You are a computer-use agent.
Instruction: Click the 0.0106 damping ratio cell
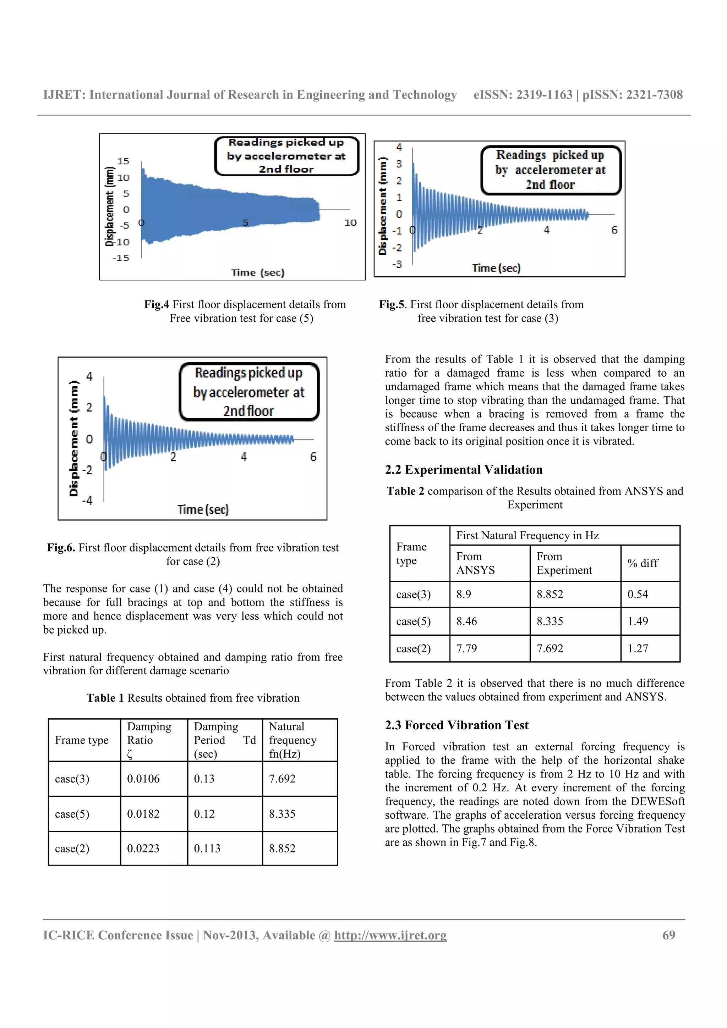point(143,779)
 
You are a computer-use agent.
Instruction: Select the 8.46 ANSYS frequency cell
point(466,621)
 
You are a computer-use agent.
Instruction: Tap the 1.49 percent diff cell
point(638,621)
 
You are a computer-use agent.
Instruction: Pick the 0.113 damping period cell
point(207,848)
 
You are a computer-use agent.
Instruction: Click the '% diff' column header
point(643,563)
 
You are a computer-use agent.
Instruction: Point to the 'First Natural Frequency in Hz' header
point(527,536)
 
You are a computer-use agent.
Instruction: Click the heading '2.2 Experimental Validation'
point(463,469)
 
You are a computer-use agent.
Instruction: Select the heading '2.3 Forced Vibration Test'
point(457,725)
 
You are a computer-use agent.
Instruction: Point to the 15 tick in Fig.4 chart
point(123,161)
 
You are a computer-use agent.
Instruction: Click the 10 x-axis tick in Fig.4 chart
point(350,222)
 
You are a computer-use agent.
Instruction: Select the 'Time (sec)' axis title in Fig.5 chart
point(496,268)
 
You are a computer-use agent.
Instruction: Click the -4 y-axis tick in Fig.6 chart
point(87,500)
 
